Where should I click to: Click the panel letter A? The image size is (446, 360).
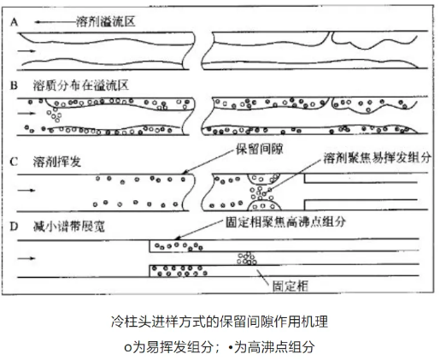coord(14,22)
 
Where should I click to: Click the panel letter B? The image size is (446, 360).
coord(14,86)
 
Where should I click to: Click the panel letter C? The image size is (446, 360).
coord(14,162)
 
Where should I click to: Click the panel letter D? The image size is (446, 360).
coord(14,227)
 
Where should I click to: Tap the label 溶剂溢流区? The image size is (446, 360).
coord(105,21)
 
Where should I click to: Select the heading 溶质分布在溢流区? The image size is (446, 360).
coord(81,86)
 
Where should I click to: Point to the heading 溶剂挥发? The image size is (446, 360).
coord(57,162)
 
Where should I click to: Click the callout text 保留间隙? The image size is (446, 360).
coord(260,149)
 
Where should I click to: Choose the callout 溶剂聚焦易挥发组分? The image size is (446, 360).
coord(377,157)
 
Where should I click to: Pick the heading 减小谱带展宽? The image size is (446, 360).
coord(69,227)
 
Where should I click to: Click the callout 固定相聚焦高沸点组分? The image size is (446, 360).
coord(285,221)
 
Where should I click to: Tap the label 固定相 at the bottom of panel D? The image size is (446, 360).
coord(290,286)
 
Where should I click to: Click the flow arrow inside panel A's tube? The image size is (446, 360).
coord(26,51)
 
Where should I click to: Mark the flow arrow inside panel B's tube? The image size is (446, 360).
coord(26,114)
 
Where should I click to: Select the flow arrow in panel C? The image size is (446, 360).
coord(26,190)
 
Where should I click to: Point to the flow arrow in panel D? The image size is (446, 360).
coord(26,258)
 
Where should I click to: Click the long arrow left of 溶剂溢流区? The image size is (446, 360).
coord(55,22)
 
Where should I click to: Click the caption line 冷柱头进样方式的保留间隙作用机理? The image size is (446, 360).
coord(220,322)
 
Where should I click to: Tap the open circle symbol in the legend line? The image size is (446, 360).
coord(128,348)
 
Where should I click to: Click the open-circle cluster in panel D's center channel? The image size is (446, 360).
coord(247,258)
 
